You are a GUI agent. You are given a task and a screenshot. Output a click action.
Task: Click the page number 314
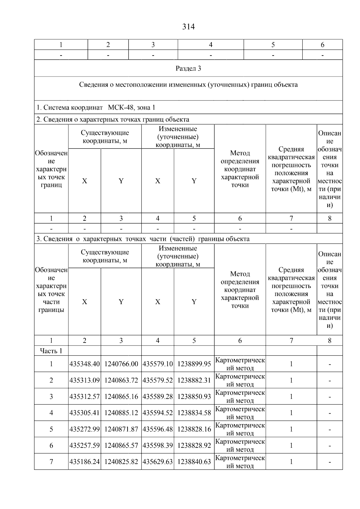[188, 27]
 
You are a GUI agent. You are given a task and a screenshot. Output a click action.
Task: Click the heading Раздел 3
[188, 68]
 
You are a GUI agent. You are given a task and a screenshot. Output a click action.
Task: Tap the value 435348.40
[85, 364]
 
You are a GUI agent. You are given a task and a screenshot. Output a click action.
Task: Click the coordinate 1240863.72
[121, 380]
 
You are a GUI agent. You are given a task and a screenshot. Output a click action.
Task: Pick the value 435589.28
[157, 397]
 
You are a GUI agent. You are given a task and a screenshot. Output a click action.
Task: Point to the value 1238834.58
[194, 413]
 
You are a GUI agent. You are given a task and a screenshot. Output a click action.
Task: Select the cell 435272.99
[85, 429]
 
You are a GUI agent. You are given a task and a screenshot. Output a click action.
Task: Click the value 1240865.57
[121, 445]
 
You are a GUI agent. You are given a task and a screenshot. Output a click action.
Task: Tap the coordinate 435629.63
[157, 462]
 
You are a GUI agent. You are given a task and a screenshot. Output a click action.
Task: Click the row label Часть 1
[51, 351]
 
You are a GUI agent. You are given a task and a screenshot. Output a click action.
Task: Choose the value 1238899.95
[194, 364]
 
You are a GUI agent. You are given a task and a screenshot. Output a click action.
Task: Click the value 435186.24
[85, 462]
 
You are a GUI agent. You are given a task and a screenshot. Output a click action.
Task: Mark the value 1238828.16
[194, 429]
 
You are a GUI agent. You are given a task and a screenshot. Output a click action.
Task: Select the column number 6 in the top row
[322, 45]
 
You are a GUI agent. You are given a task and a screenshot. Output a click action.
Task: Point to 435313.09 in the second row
[85, 380]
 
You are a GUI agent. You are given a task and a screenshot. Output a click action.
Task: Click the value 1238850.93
[194, 397]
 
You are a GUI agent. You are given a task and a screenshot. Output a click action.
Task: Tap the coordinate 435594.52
[157, 413]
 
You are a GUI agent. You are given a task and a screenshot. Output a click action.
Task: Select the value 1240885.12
[121, 413]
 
